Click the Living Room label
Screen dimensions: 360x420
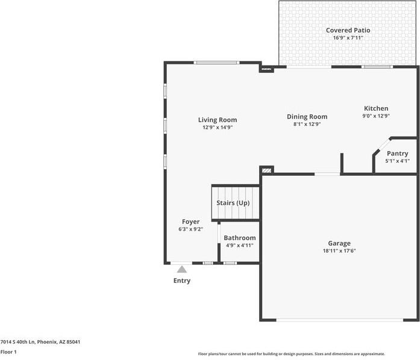[x=218, y=120]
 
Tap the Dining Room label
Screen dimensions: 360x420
[x=307, y=117]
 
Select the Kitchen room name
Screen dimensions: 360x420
[x=375, y=108]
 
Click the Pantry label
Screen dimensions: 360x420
[x=397, y=154]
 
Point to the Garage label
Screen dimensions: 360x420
[x=339, y=243]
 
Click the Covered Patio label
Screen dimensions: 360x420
[x=348, y=30]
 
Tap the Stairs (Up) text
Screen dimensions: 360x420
[x=233, y=203]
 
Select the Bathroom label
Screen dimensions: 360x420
[x=240, y=238]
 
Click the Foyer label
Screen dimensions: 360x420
[x=190, y=222]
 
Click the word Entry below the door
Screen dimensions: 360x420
[x=182, y=281]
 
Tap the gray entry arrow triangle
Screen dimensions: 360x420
[x=182, y=269]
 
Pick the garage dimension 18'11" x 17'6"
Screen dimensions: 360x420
[x=339, y=251]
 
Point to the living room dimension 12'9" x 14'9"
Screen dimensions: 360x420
[x=218, y=128]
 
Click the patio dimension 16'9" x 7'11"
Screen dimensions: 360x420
[x=348, y=38]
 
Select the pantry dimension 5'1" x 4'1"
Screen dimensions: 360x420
[x=397, y=161]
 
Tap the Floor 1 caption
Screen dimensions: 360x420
[x=8, y=352]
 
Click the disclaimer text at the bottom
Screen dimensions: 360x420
[x=292, y=354]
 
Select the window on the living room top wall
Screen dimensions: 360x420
[x=217, y=63]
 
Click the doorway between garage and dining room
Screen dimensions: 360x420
[x=327, y=174]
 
